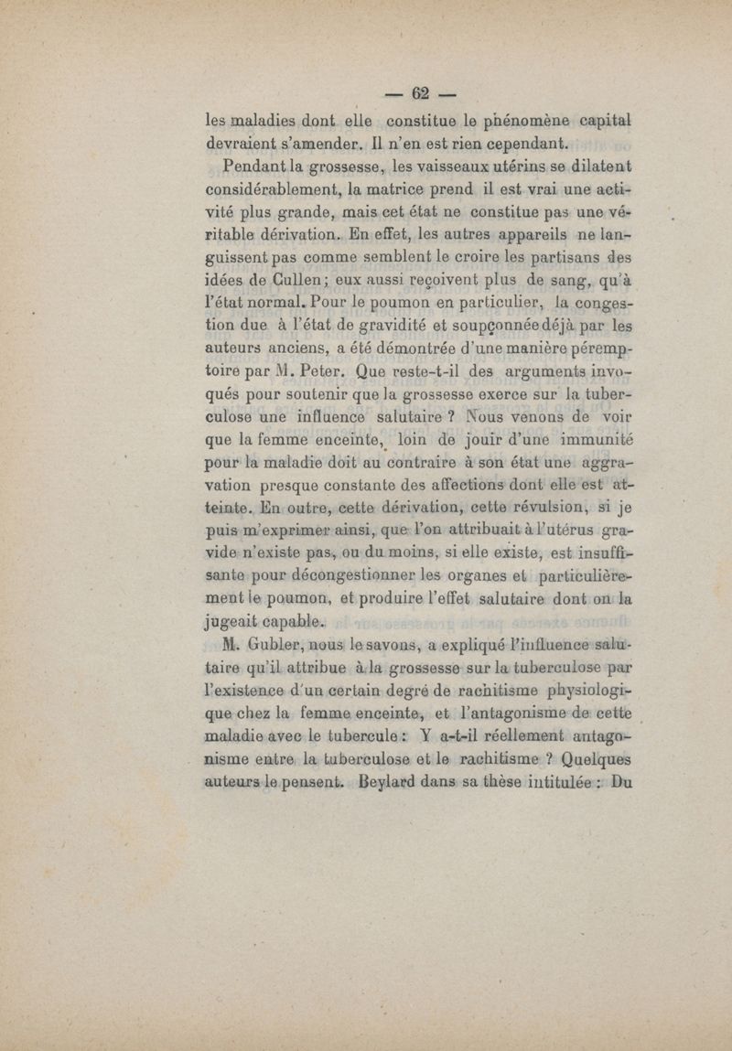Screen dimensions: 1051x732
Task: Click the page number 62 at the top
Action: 421,93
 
